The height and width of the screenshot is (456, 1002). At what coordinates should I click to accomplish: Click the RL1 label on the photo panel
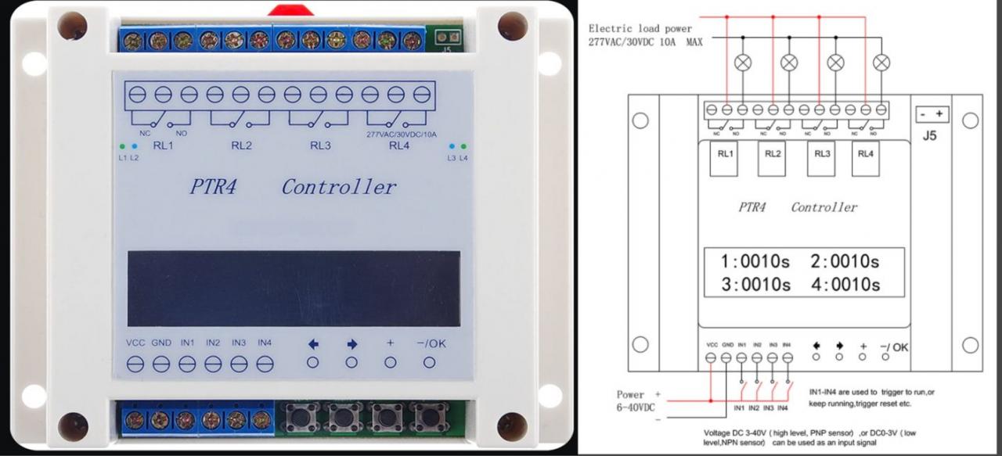tap(164, 145)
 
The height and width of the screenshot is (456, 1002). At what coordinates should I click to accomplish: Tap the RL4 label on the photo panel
tap(398, 145)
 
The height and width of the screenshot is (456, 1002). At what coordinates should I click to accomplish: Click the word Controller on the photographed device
tap(339, 188)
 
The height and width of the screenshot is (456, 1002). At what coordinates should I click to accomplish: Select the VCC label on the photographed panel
tap(136, 343)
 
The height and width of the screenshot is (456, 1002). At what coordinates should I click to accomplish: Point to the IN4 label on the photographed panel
tap(265, 343)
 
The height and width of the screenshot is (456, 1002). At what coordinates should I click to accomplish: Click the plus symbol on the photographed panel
tap(391, 343)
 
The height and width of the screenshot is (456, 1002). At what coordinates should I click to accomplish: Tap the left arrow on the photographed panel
tap(313, 343)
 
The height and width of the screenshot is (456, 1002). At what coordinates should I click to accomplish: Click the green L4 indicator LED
tap(463, 146)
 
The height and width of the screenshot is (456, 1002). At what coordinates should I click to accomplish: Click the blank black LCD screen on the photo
tap(294, 288)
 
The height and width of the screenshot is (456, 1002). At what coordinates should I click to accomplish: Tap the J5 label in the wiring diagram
tap(929, 135)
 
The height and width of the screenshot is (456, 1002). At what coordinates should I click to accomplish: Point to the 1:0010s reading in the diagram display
tap(755, 261)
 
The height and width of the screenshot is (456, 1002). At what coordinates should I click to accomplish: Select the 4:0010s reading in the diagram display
tap(845, 284)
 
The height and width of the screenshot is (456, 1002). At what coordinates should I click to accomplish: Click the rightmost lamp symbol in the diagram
tap(881, 63)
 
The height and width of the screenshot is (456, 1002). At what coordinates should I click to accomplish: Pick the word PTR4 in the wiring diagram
tap(752, 208)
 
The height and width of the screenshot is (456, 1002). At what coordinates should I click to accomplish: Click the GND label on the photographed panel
tap(161, 343)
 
